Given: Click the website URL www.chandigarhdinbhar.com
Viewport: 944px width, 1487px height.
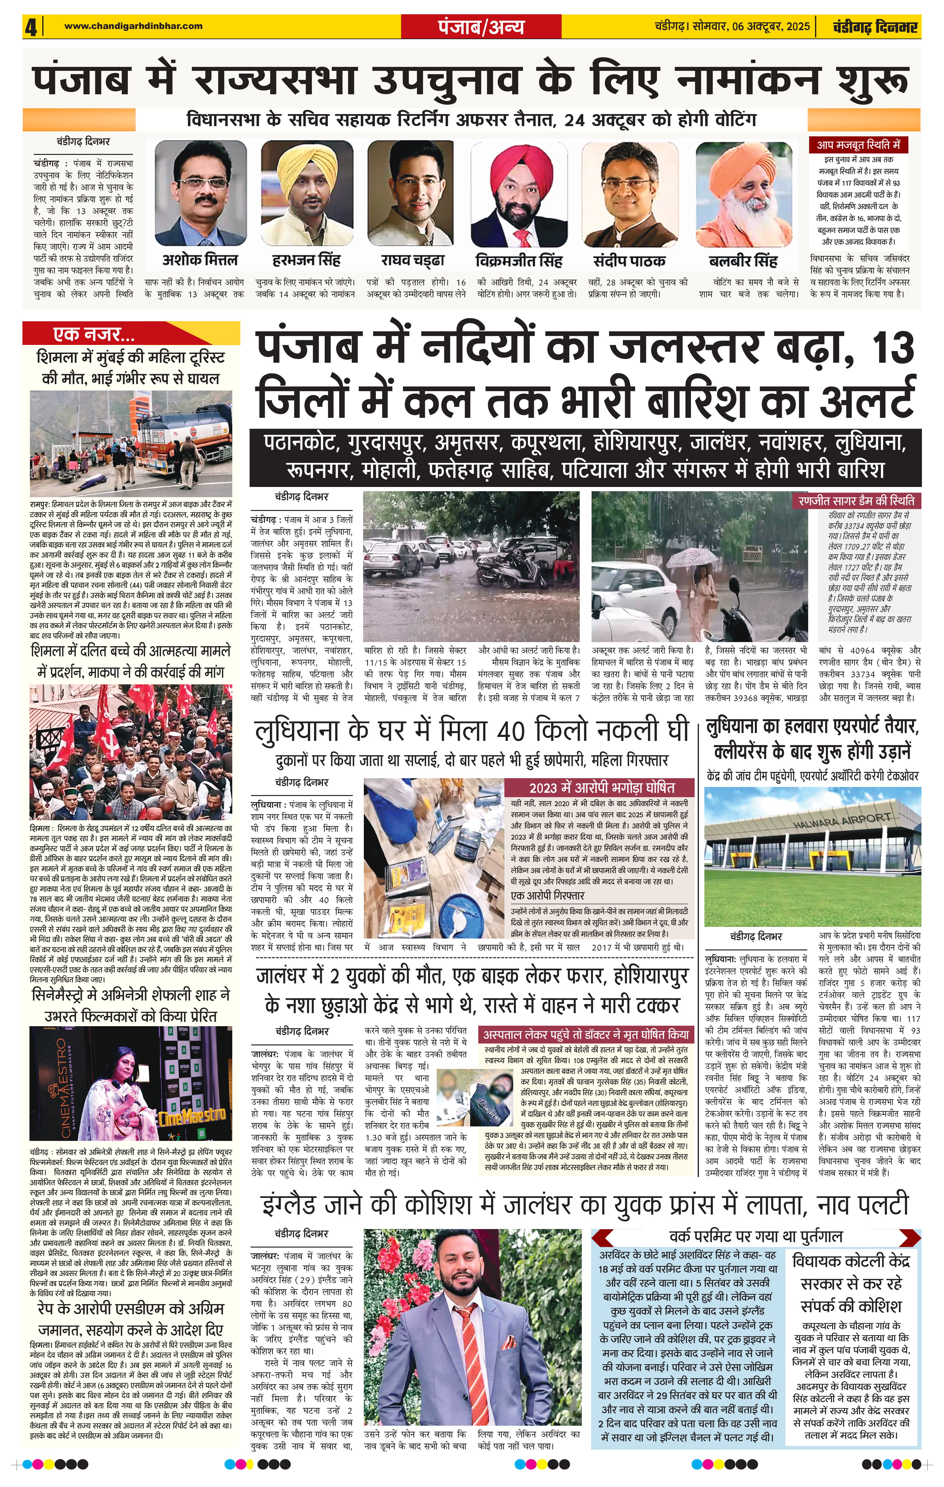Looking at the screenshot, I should pos(133,26).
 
